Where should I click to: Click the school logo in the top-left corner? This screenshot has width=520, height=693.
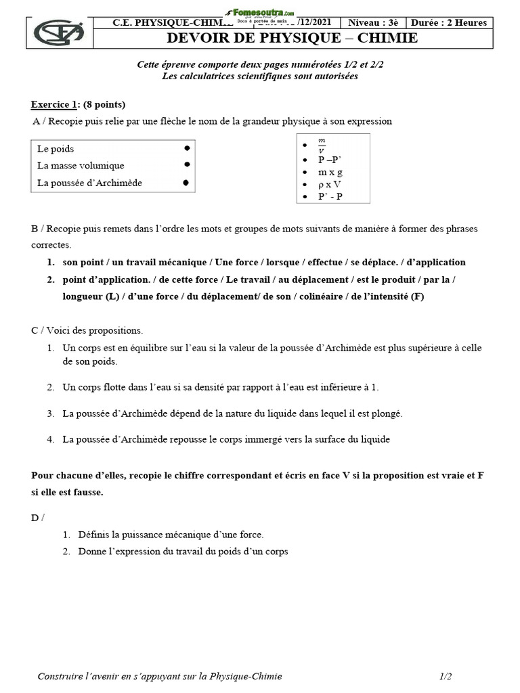coord(60,32)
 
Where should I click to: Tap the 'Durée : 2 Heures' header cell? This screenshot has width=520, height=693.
coord(447,22)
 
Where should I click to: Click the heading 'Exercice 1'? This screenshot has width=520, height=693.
coord(53,104)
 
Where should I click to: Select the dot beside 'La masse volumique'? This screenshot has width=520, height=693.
coord(187,164)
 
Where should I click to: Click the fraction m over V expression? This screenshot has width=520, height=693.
coord(322,146)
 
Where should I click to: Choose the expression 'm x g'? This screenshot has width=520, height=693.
coord(330,172)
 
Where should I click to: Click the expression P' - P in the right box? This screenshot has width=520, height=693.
coord(331,196)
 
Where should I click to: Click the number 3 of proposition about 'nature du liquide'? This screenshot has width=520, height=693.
coord(51,413)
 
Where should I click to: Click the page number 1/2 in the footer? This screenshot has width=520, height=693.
coord(446,676)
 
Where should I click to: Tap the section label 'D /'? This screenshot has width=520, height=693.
coord(38,518)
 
